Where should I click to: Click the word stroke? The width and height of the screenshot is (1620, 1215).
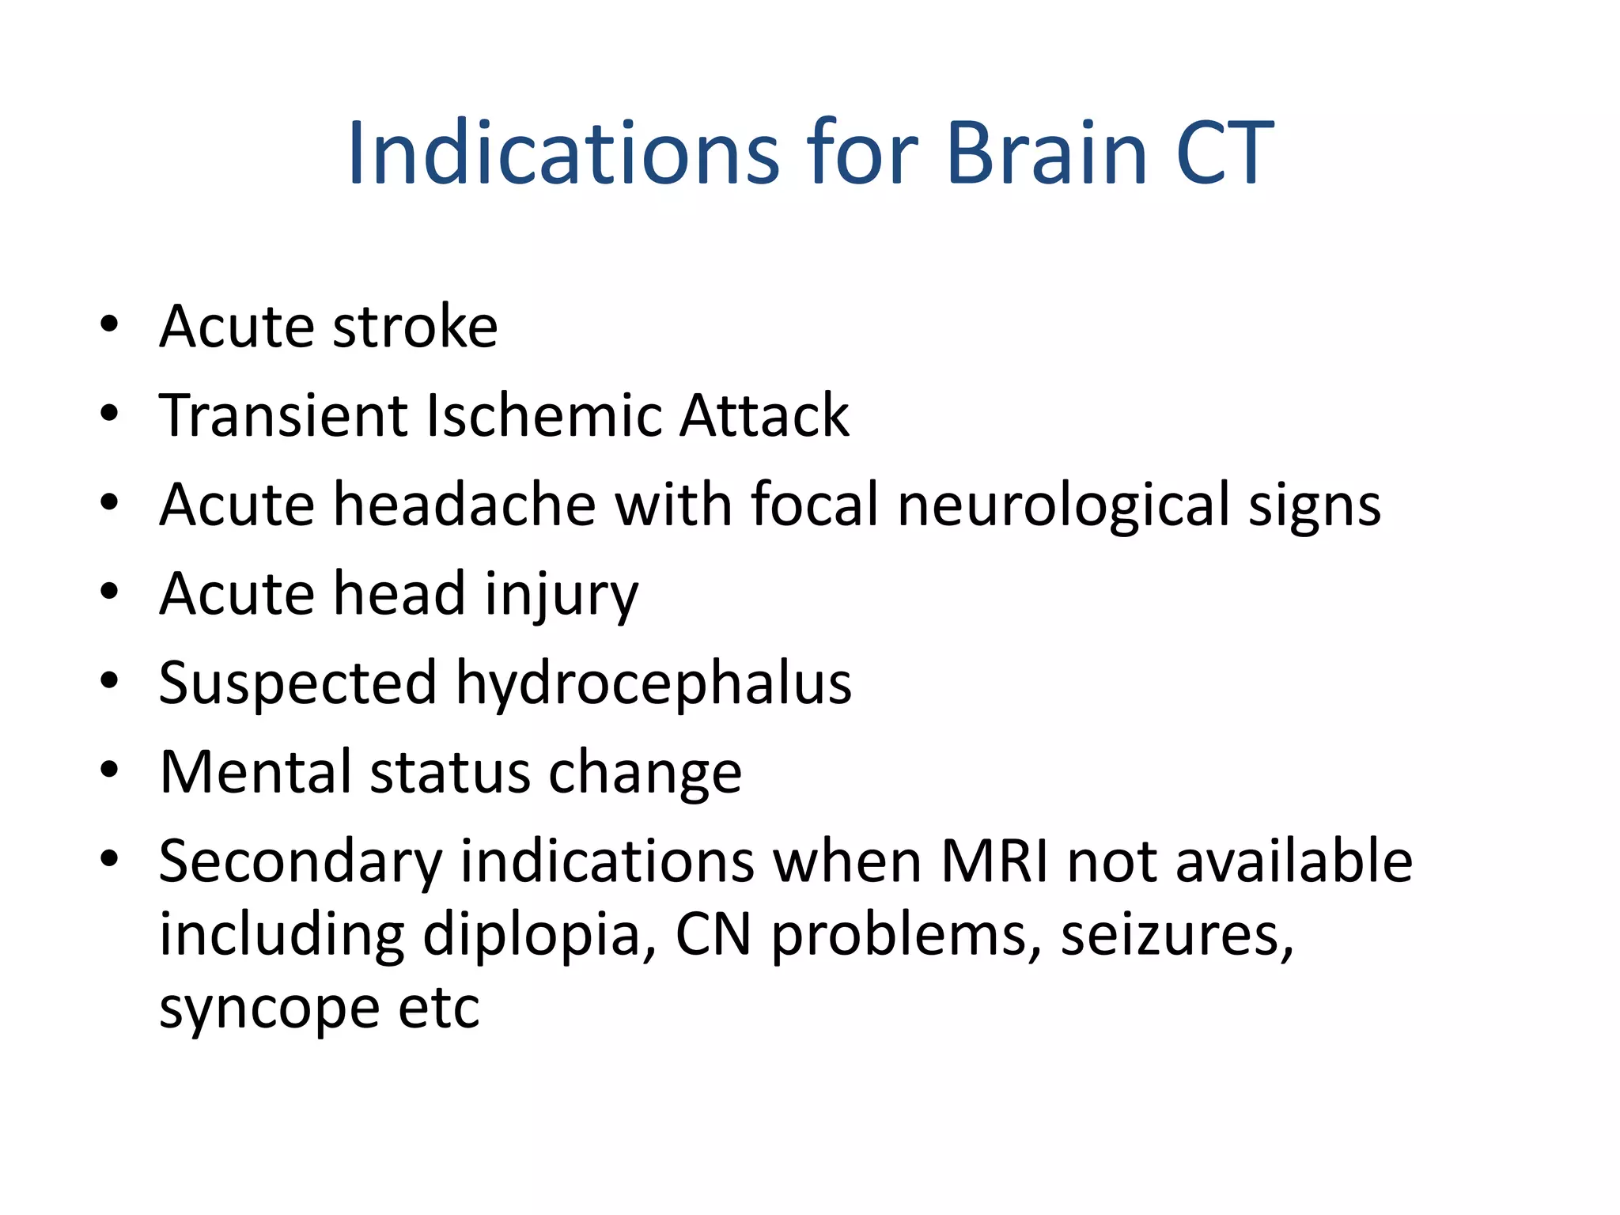pos(414,326)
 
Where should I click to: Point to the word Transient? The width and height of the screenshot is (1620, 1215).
pos(282,415)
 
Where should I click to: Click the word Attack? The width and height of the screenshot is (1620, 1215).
pos(763,415)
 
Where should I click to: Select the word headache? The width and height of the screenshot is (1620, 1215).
pos(464,504)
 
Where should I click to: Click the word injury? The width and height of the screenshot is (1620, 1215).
pos(561,595)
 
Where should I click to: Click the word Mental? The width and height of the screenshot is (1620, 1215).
pos(255,771)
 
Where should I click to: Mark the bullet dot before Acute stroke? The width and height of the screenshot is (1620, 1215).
pos(109,324)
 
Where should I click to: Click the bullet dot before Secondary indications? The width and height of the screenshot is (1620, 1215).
pos(109,859)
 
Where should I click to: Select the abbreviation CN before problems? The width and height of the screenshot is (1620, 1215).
pos(713,935)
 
